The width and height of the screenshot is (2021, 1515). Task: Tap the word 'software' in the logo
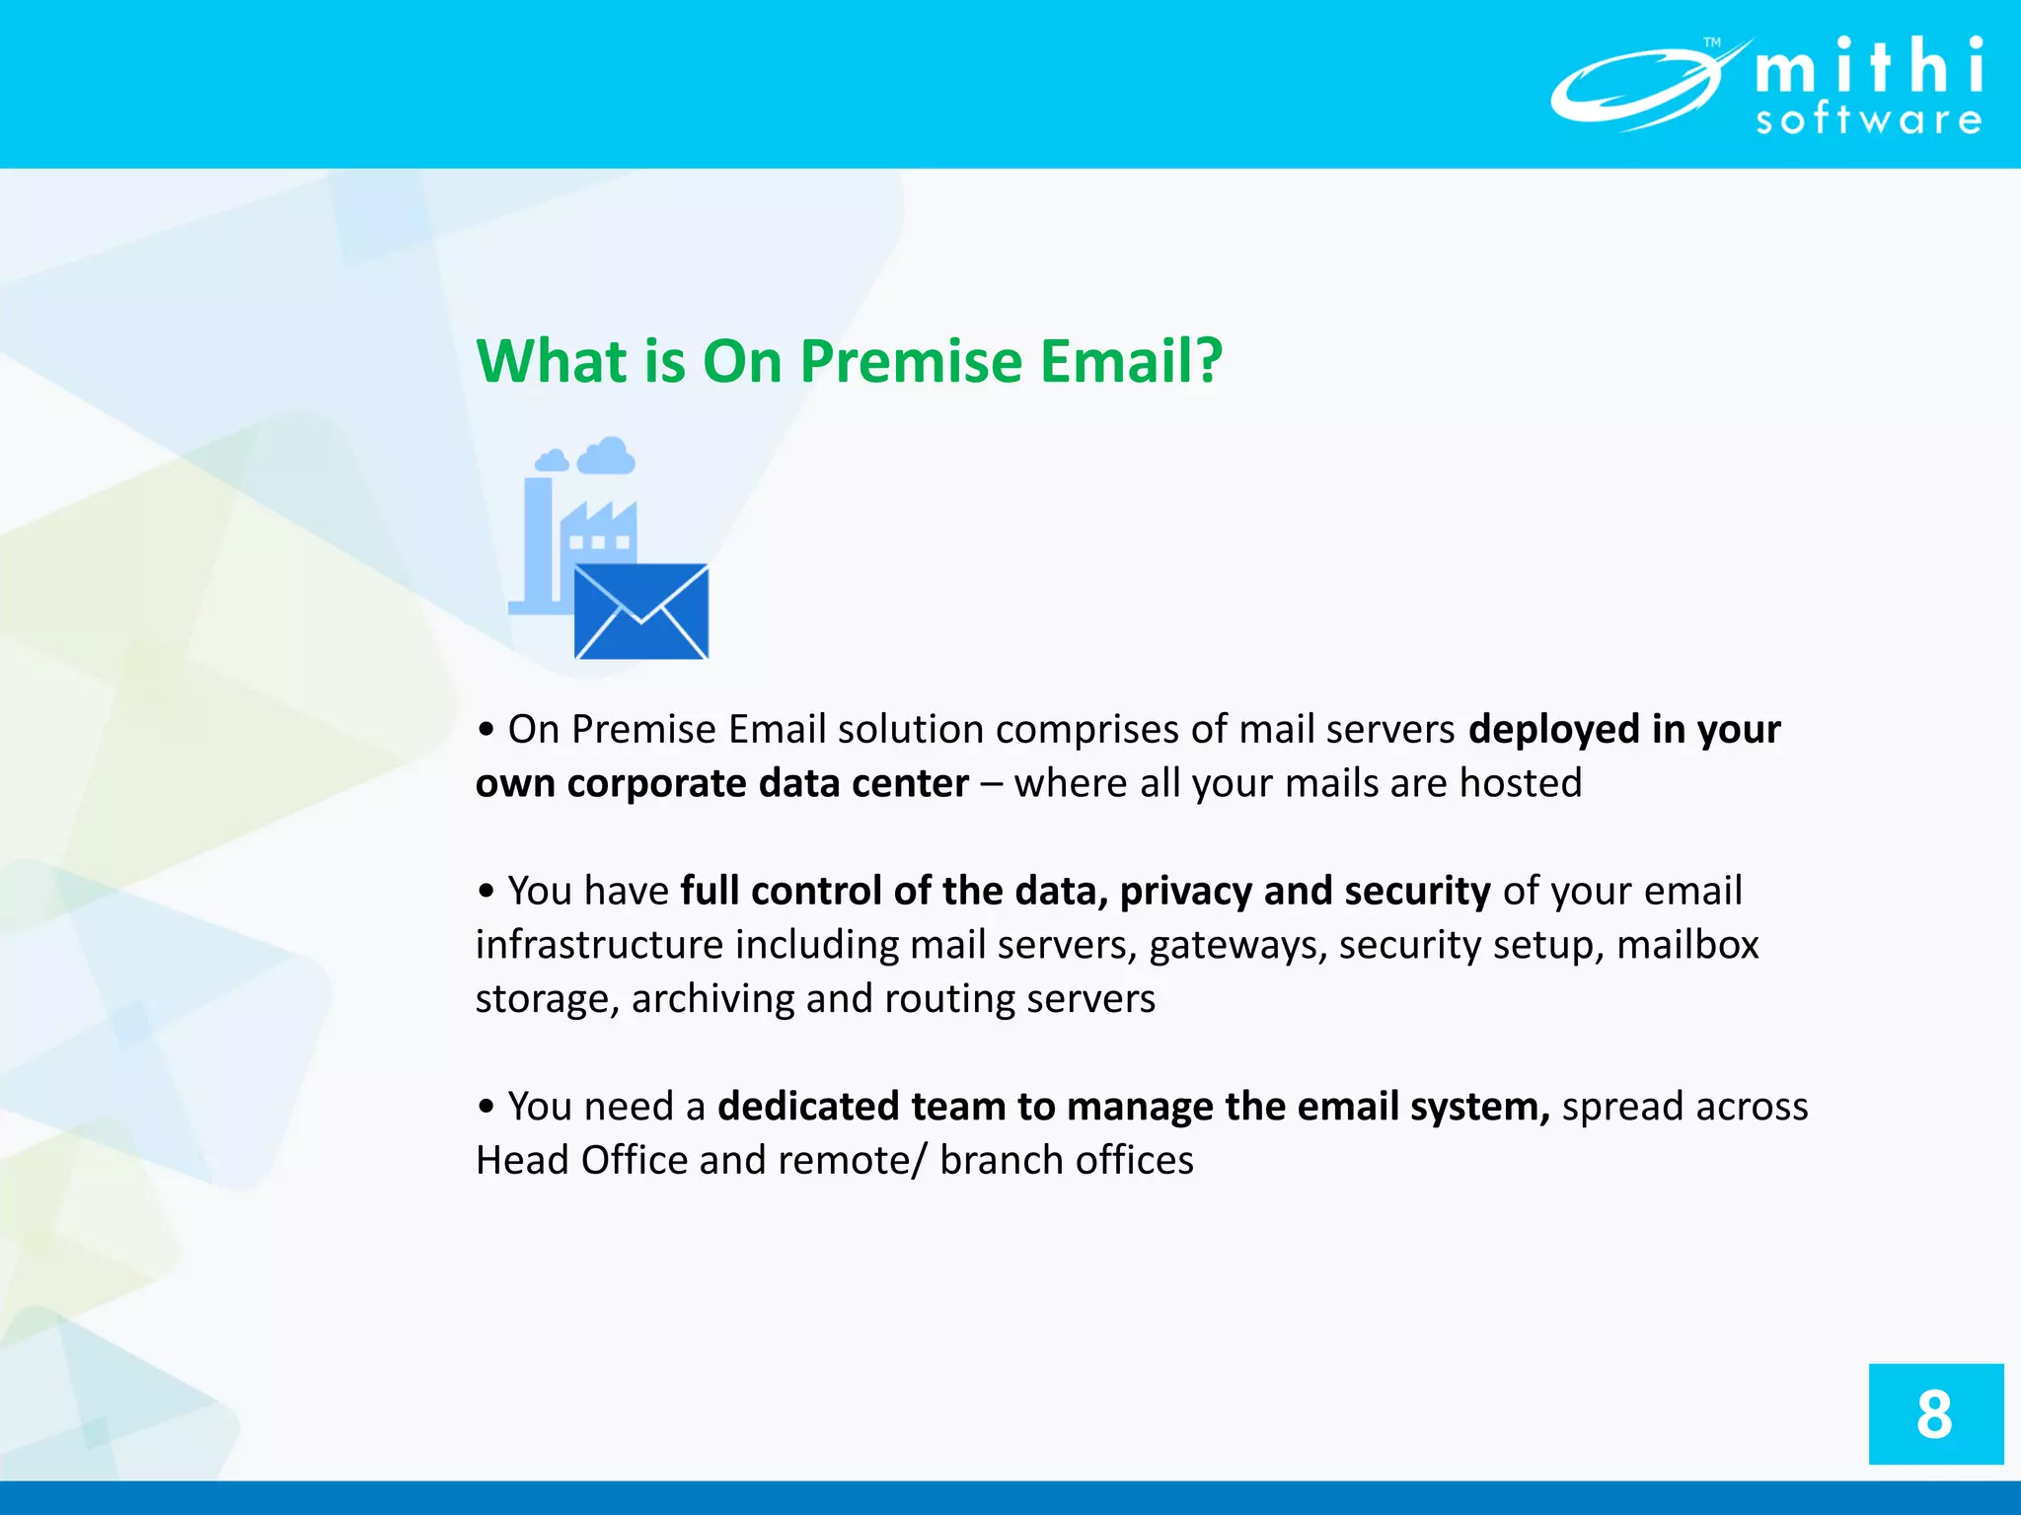coord(1869,120)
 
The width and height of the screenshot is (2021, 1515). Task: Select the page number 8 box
coord(1935,1413)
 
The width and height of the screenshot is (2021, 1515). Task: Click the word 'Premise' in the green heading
coord(911,361)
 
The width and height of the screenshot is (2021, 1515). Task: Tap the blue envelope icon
coord(641,612)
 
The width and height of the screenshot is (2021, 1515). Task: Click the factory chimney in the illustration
coord(538,542)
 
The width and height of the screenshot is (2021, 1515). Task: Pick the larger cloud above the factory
coord(606,456)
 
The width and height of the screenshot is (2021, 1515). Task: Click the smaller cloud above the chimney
coord(552,461)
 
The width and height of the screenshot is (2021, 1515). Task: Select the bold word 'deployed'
coord(1553,730)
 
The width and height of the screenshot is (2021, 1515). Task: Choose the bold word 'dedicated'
coord(807,1107)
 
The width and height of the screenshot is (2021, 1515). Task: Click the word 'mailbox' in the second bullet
coord(1687,945)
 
